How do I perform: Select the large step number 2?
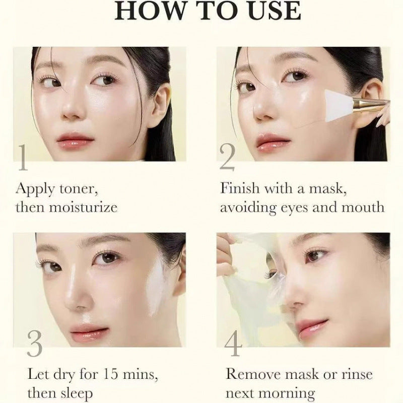click(228, 158)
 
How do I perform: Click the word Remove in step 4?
click(253, 374)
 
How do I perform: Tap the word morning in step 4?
click(288, 392)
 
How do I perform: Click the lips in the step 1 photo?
click(75, 139)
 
